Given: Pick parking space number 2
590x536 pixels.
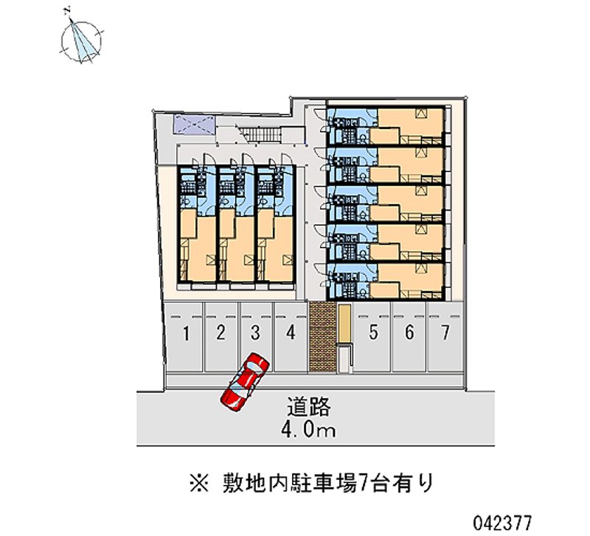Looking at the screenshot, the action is coord(221,334).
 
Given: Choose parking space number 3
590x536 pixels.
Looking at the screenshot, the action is coord(254,334).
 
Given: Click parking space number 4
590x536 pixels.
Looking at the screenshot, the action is coord(291,334).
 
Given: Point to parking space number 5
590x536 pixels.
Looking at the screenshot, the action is coord(374,334).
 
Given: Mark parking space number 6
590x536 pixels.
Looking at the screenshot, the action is coord(409,334).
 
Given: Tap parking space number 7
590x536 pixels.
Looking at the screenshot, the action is coord(445,334).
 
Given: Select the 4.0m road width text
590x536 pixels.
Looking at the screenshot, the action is coord(309,430).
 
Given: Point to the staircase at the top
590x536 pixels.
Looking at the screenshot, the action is coord(261,134).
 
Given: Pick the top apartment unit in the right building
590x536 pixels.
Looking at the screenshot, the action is coord(387,126).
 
